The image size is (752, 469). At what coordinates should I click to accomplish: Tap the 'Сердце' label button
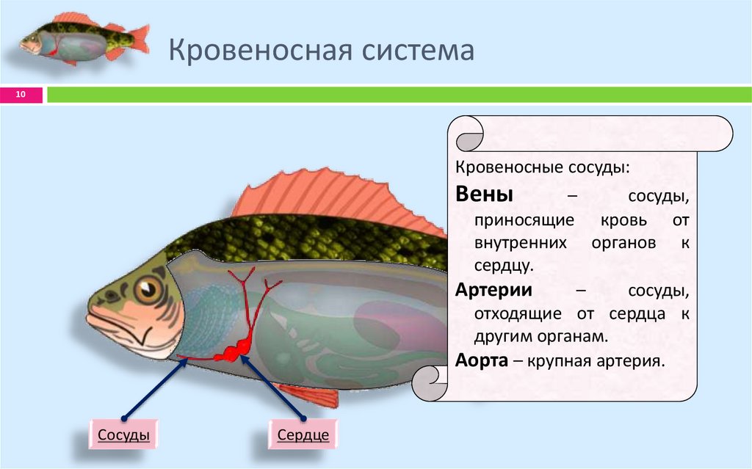tap(303, 435)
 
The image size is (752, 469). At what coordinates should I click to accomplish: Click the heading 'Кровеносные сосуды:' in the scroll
tap(542, 167)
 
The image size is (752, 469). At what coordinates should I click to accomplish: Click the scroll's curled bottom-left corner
tap(430, 382)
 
